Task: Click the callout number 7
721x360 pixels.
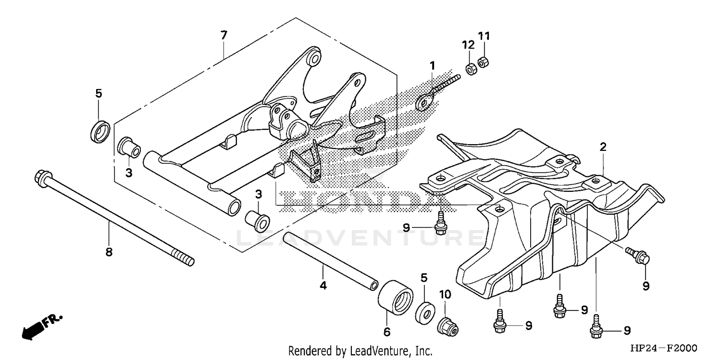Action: click(x=224, y=35)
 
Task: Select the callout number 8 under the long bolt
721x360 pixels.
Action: click(x=109, y=251)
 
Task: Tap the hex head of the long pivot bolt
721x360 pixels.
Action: click(x=40, y=178)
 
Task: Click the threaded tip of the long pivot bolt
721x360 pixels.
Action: click(x=188, y=261)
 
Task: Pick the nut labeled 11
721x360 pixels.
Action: click(x=483, y=62)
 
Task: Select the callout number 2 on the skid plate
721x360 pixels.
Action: click(x=603, y=147)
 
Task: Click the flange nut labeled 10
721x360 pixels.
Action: click(x=448, y=327)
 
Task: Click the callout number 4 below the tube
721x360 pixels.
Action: click(x=323, y=286)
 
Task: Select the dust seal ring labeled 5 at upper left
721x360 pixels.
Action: click(x=100, y=132)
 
